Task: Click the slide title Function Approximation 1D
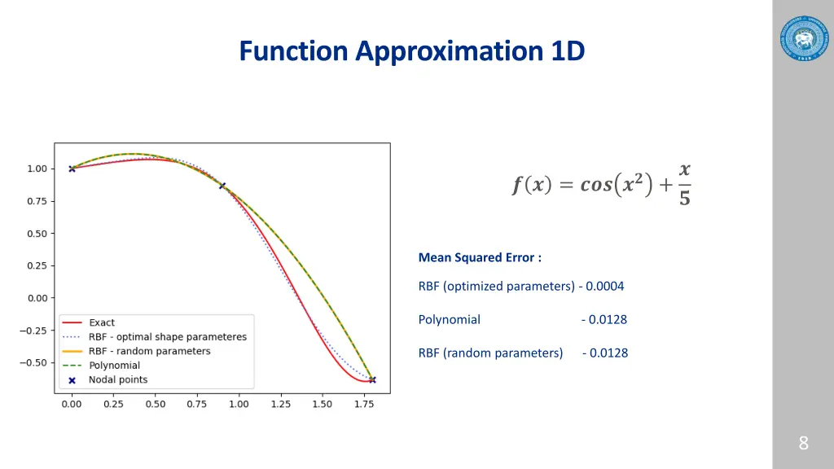pos(412,51)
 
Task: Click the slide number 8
pos(803,443)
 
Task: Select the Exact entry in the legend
pos(102,323)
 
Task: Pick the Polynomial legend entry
pos(114,366)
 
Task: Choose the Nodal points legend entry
pos(118,380)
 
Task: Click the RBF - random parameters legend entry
pos(149,352)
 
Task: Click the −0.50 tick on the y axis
pos(33,362)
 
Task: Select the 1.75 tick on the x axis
pos(364,404)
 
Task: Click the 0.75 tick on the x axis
pos(197,404)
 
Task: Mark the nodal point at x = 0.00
pos(72,169)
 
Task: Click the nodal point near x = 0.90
pos(222,186)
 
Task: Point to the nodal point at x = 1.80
pos(372,379)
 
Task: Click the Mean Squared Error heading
pos(480,257)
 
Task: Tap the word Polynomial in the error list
pos(449,319)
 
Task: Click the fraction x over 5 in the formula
pos(684,184)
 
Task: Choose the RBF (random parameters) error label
pos(490,353)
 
